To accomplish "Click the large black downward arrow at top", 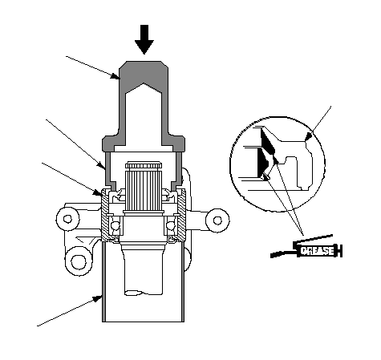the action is tap(144, 39).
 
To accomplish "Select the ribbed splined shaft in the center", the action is tap(144, 187).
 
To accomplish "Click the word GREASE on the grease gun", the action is tap(317, 251).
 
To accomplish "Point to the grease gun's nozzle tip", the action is tap(272, 256).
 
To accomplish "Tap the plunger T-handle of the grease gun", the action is tap(340, 251).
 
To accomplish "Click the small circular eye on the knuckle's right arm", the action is tap(217, 220).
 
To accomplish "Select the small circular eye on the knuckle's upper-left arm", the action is tap(67, 219).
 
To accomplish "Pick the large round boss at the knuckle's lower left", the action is tap(79, 261).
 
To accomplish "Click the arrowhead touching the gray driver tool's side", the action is tap(116, 76).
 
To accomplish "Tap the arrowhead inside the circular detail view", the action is tap(309, 136).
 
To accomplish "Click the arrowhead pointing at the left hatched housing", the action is tap(98, 192).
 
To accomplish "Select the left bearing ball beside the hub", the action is tap(116, 226).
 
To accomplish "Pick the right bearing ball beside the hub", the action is tap(170, 226).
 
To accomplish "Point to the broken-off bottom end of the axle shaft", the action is tap(143, 293).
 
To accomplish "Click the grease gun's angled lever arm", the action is tap(313, 240).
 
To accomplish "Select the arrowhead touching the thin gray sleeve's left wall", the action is tap(102, 166).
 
